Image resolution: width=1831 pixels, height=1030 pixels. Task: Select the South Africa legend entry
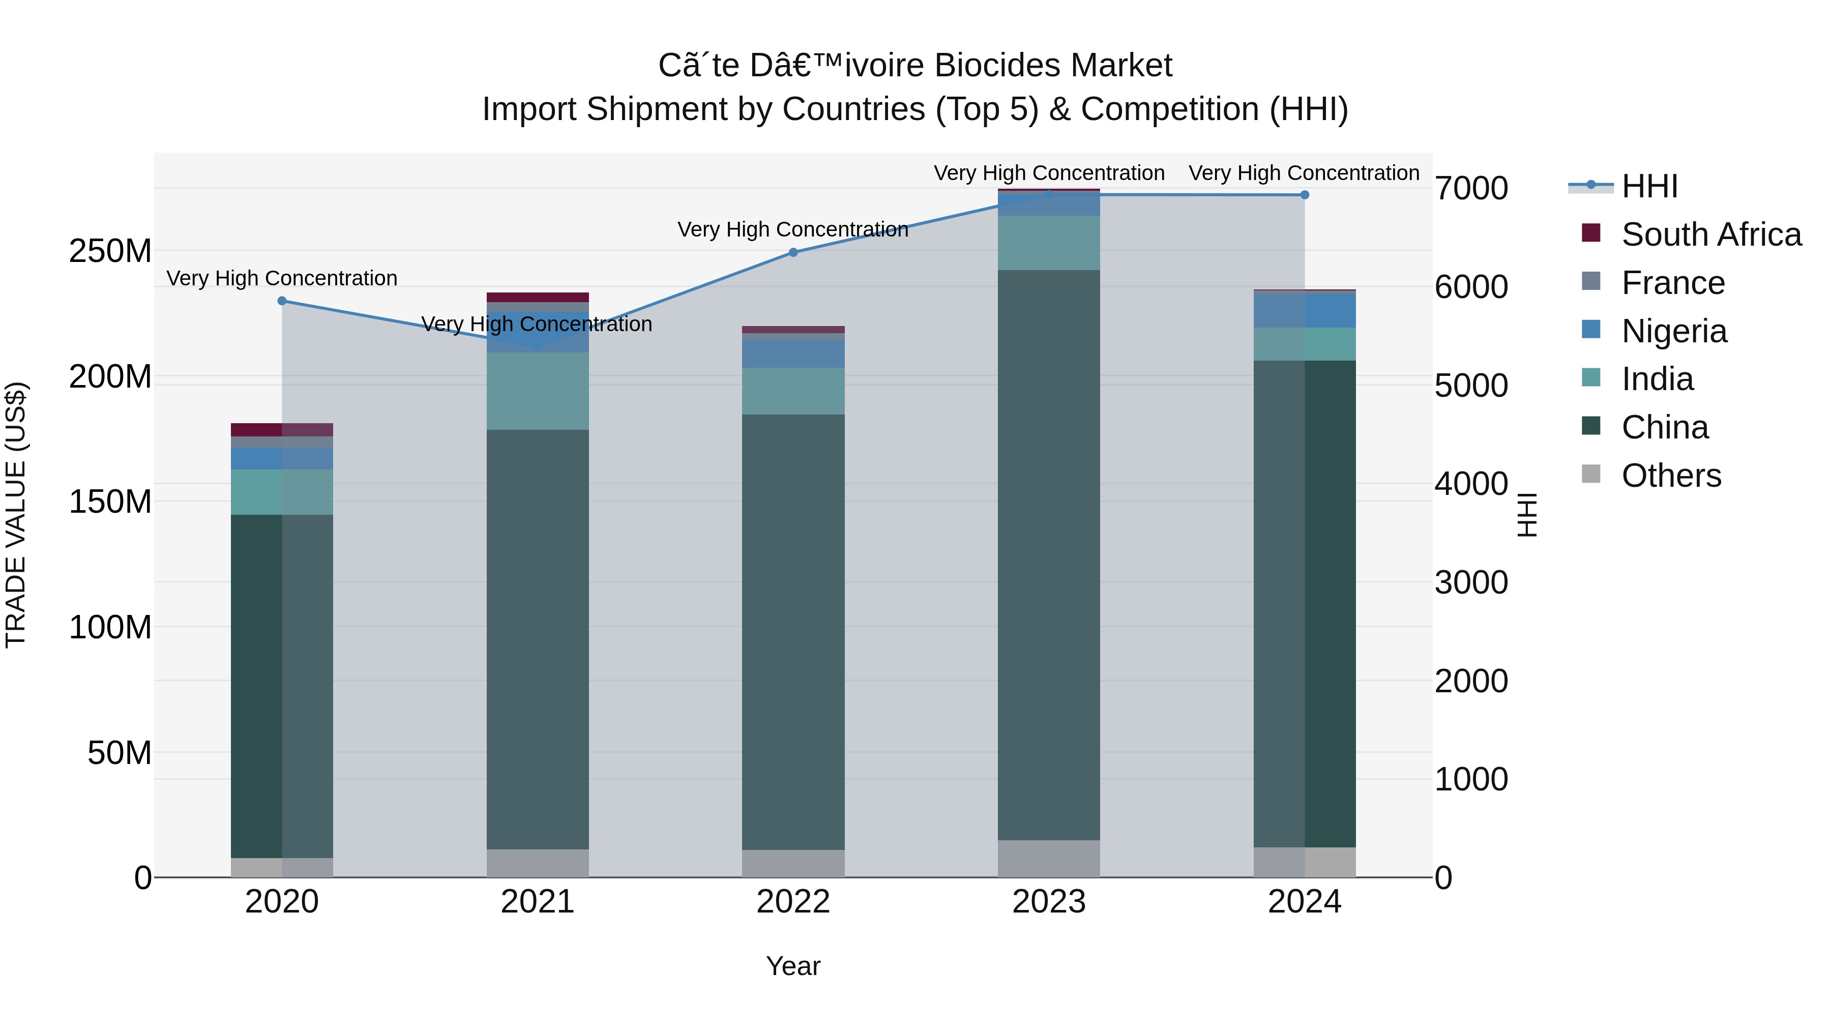(x=1710, y=234)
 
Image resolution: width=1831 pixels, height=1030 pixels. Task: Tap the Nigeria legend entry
(x=1673, y=331)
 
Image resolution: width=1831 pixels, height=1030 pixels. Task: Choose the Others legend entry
(x=1670, y=476)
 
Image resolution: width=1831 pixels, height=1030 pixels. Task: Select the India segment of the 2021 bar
(x=538, y=391)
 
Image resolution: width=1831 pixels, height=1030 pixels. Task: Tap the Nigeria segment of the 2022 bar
(x=793, y=354)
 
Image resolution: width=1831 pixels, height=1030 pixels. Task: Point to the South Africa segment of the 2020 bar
(x=281, y=429)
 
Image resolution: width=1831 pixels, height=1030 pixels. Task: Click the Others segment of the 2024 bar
(x=1304, y=862)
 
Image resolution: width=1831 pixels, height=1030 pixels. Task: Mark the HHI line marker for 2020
(x=281, y=301)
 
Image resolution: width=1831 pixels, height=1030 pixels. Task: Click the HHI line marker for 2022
(x=793, y=252)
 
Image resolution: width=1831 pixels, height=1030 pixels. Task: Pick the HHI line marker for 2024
(x=1304, y=195)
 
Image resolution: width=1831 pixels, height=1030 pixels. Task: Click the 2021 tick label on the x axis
(x=538, y=902)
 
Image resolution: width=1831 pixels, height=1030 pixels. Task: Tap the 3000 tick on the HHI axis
(x=1470, y=583)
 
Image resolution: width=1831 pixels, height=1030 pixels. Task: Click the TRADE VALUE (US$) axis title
(x=16, y=515)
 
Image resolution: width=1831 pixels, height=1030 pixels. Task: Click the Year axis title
(x=793, y=966)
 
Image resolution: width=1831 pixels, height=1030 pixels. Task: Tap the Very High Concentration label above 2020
(x=281, y=278)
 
